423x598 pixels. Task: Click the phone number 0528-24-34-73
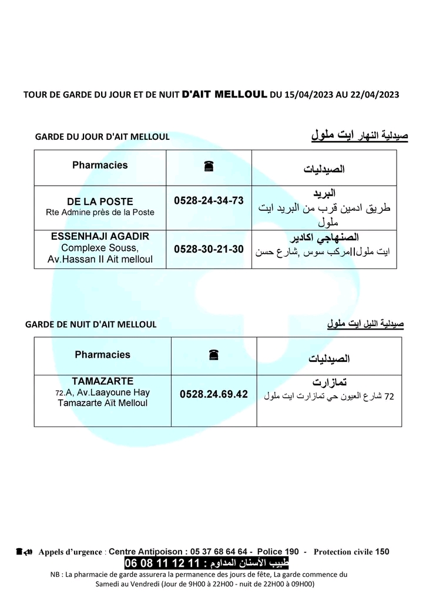point(209,201)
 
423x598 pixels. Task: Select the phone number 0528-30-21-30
point(209,249)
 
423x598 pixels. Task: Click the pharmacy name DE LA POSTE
point(100,201)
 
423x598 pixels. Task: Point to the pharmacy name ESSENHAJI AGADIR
point(100,236)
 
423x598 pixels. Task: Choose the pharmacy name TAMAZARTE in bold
point(102,381)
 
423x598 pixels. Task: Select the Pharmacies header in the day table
point(100,165)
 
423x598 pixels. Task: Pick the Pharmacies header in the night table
point(102,355)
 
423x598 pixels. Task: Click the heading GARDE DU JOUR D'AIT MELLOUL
point(102,137)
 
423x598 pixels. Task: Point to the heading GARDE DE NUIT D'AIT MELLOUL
point(91,324)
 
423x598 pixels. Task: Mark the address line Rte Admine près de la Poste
point(100,212)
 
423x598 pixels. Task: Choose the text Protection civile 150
point(351,552)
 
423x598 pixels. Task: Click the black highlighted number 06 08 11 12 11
point(163,563)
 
